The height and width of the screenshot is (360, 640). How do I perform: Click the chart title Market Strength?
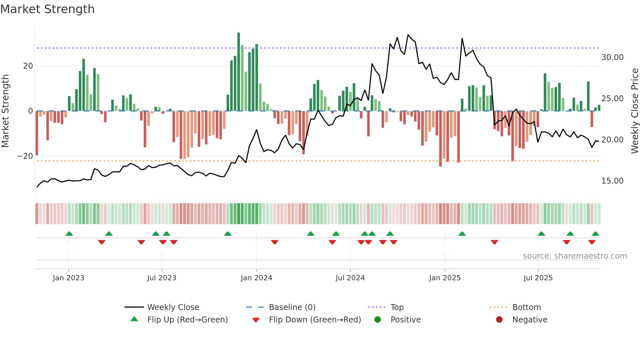(x=48, y=9)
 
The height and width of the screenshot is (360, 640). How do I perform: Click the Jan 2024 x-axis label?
(x=256, y=278)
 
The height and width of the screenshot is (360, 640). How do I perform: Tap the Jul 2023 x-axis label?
(x=162, y=278)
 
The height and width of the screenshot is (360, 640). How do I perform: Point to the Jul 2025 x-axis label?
(x=538, y=278)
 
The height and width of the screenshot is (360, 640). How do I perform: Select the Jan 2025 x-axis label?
(x=445, y=278)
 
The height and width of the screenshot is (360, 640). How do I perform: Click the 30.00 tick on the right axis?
(x=612, y=57)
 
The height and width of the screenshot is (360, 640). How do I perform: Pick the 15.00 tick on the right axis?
(x=612, y=181)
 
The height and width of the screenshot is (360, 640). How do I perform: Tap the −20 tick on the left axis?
(x=25, y=156)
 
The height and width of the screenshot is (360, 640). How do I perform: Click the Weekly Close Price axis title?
(x=634, y=111)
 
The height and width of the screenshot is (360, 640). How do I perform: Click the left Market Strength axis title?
(x=6, y=111)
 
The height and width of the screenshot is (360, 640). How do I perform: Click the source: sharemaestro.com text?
(x=575, y=256)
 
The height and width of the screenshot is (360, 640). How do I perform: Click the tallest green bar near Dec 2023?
(x=239, y=72)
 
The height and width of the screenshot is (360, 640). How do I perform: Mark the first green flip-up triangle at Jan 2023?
(x=69, y=234)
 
